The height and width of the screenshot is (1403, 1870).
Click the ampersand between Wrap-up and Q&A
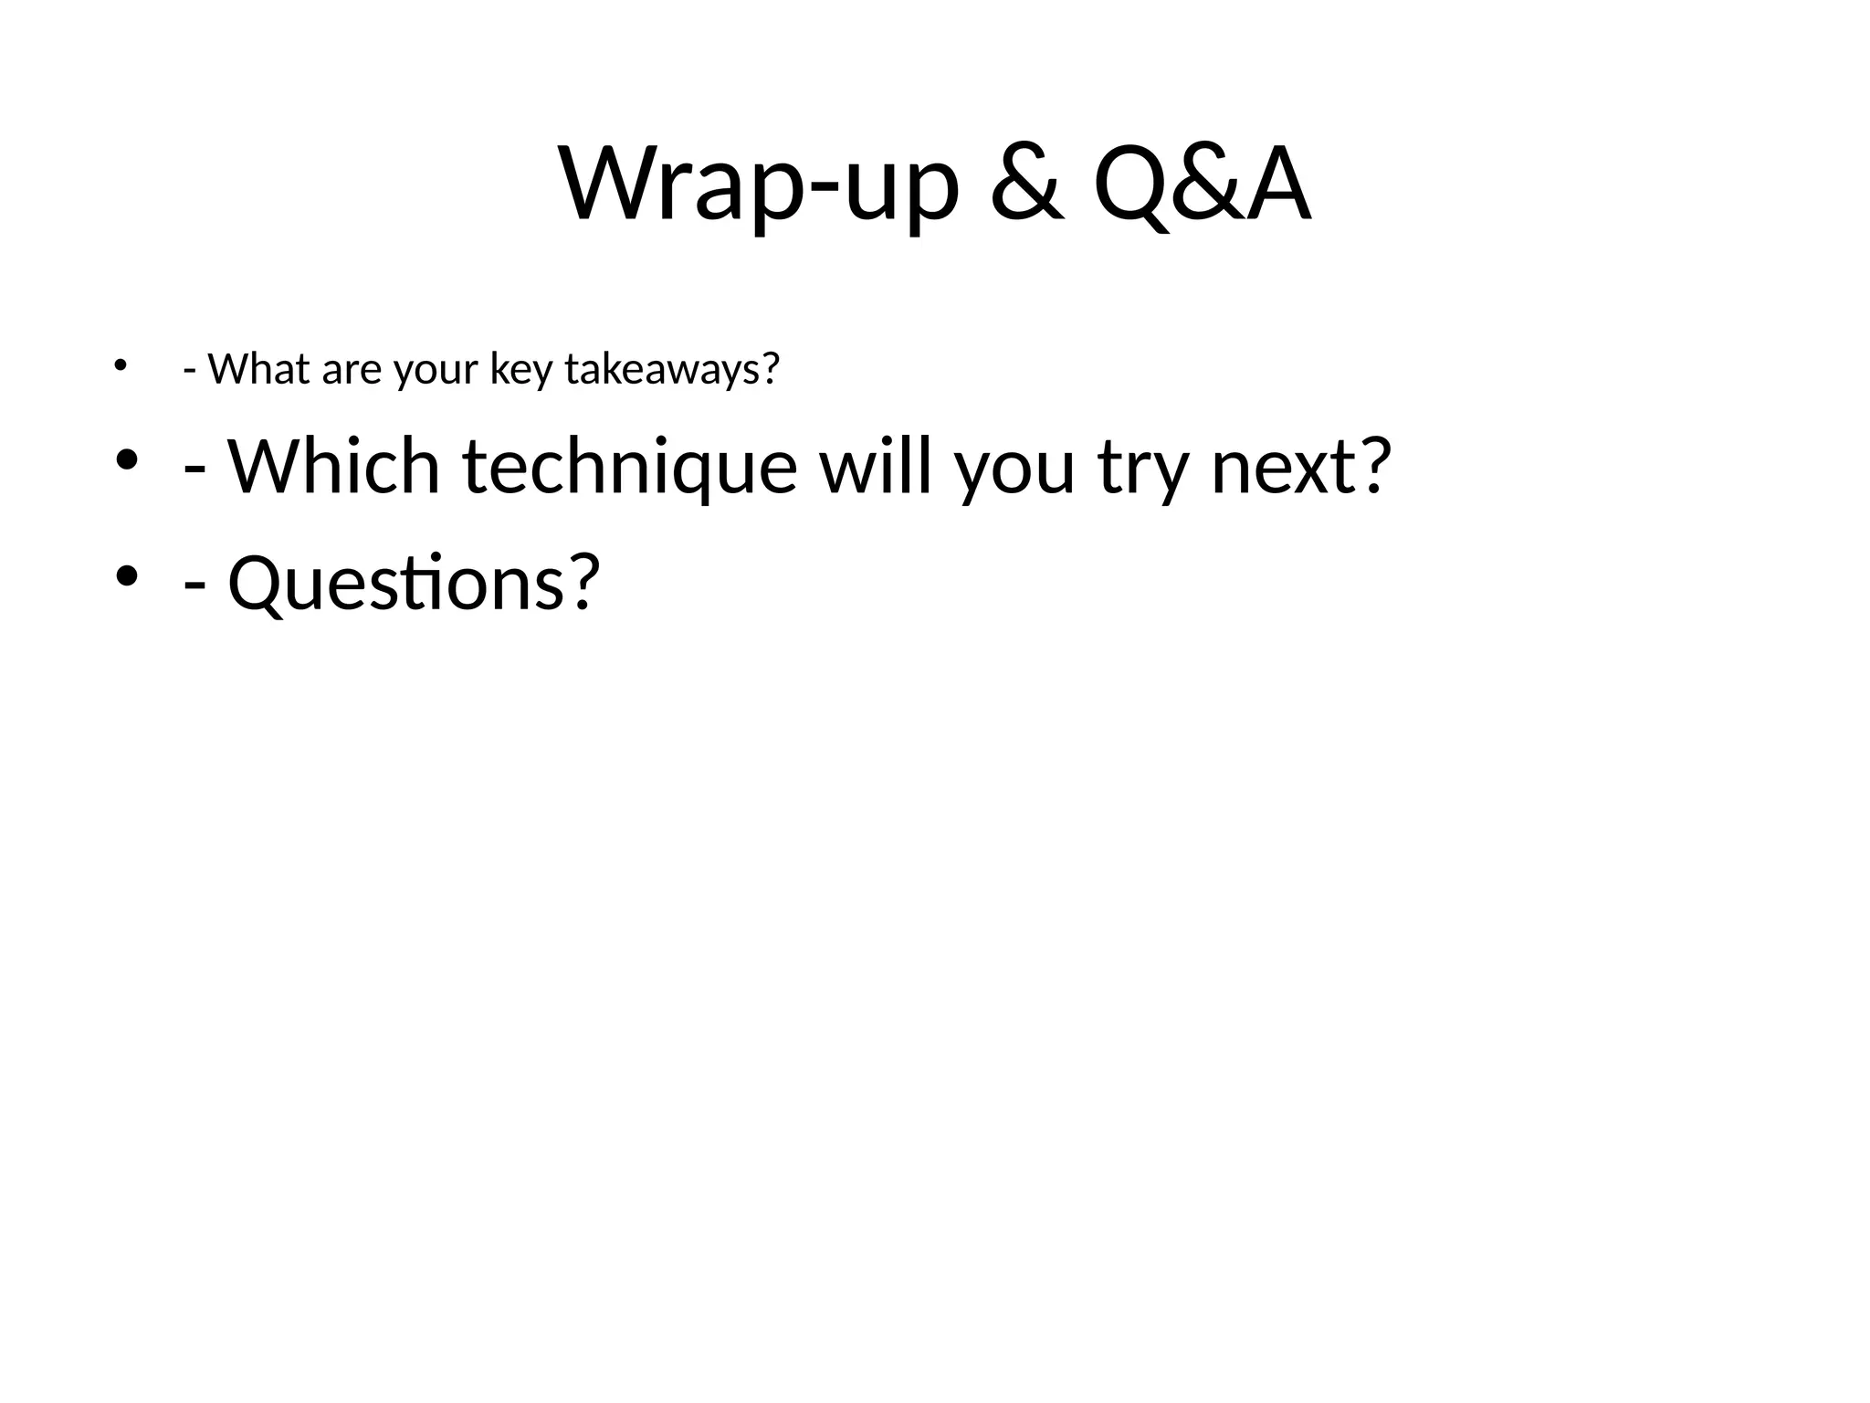click(x=1026, y=185)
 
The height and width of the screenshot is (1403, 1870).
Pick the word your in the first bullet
click(x=436, y=369)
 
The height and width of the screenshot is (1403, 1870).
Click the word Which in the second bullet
click(x=334, y=467)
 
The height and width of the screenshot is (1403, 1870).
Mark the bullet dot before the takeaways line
click(x=119, y=366)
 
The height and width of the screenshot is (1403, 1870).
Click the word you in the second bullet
click(x=1014, y=467)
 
